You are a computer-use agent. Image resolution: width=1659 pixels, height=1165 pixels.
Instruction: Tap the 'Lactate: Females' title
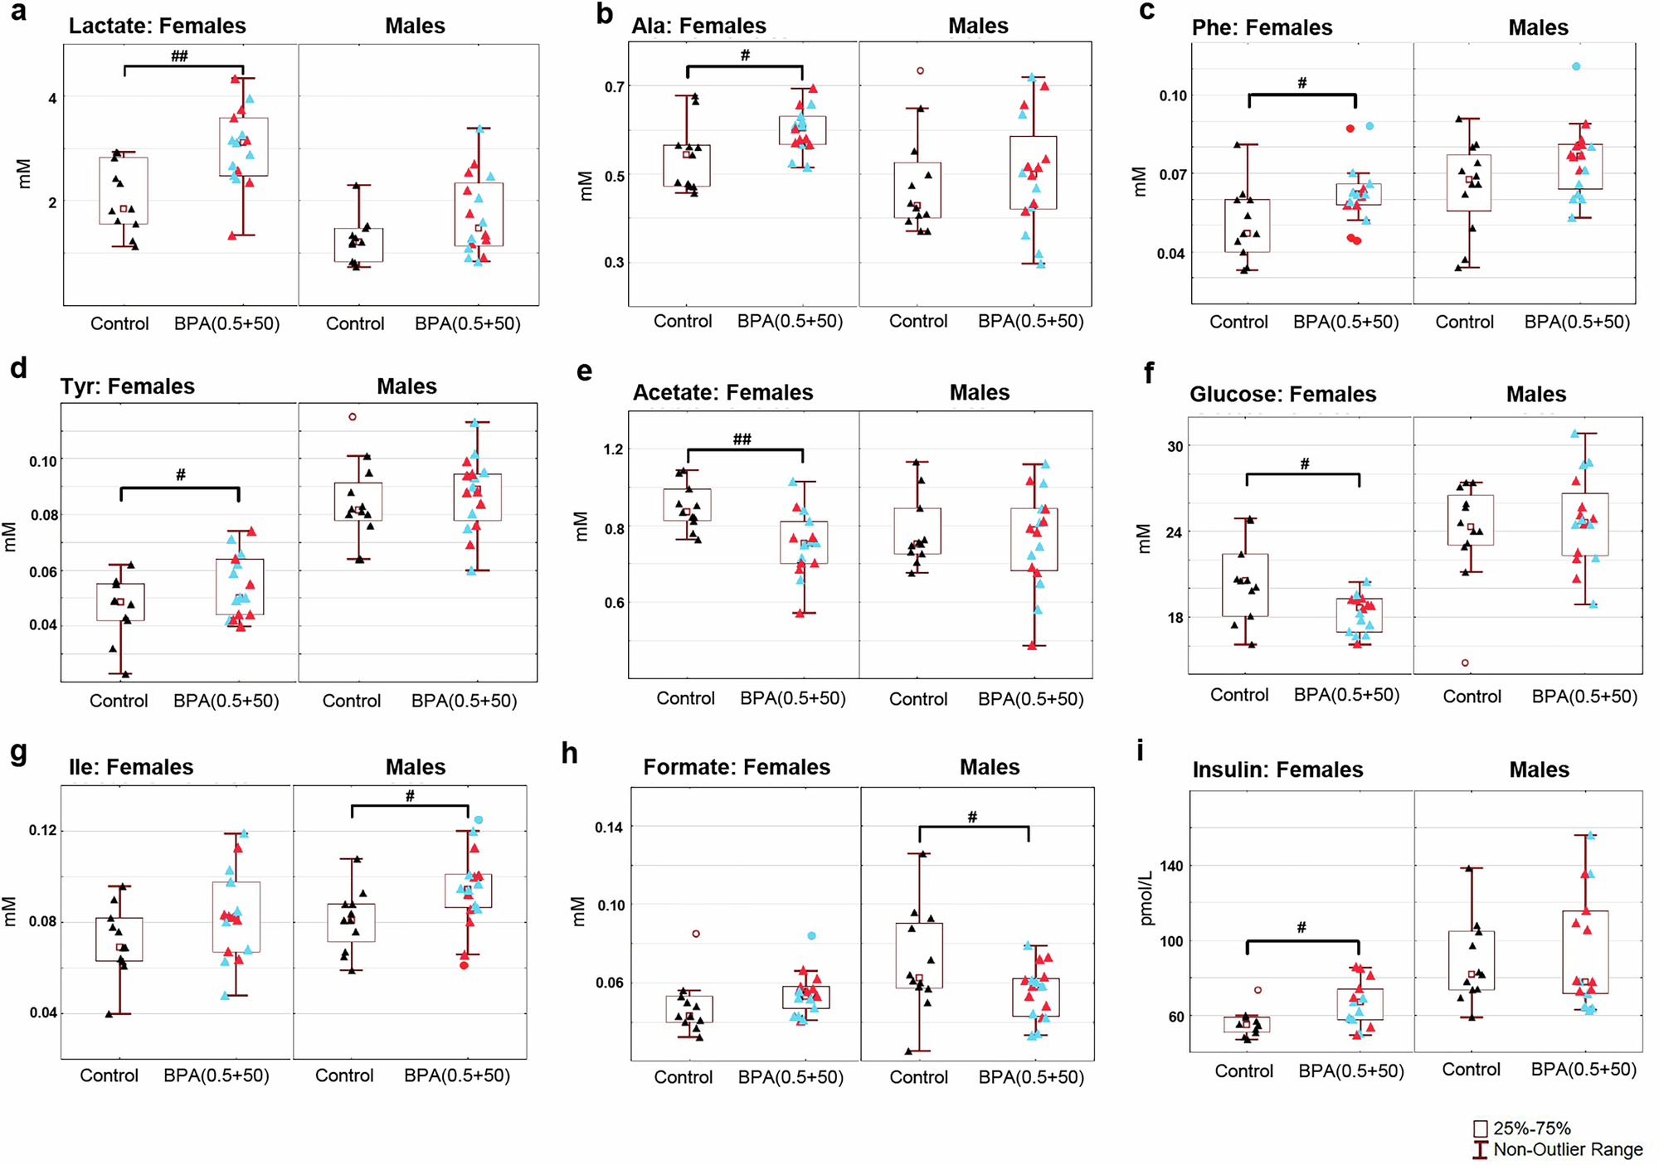coord(157,26)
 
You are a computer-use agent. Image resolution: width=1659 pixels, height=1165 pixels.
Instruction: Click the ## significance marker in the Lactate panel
coord(179,56)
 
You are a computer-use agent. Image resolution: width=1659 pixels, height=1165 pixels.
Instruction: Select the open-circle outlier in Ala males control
coord(920,71)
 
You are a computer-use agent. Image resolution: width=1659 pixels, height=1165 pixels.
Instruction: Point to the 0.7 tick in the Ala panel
coord(614,87)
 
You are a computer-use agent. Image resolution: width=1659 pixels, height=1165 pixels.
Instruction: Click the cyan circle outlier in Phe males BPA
coord(1576,66)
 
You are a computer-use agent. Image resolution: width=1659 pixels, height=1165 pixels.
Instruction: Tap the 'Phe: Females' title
coord(1262,27)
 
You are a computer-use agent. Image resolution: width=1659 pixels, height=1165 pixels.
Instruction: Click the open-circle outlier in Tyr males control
coord(353,417)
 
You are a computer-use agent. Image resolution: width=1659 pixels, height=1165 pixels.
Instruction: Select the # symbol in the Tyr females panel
coord(180,475)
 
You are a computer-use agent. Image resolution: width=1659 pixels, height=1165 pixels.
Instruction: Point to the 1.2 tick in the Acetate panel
coord(613,449)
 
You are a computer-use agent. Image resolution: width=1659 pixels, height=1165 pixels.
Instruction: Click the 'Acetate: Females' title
coord(722,392)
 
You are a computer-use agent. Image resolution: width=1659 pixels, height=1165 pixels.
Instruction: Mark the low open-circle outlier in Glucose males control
coord(1465,663)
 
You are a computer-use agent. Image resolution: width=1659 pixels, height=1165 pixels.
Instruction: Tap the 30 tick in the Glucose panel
coord(1175,446)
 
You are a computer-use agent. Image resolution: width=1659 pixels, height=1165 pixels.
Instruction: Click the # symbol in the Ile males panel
coord(410,796)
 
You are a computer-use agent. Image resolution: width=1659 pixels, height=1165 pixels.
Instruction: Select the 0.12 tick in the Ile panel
coord(44,830)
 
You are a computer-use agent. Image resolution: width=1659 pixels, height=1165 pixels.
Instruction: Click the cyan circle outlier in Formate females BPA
coord(812,935)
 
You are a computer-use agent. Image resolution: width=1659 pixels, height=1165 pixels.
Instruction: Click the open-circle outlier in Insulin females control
coord(1258,990)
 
